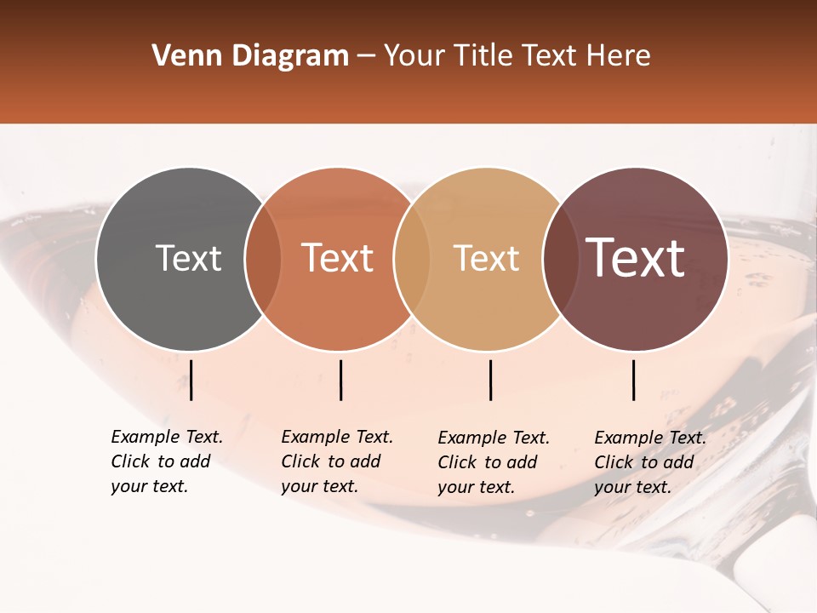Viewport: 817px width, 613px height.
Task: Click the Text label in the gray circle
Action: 188,259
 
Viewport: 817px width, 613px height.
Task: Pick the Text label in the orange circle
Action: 338,259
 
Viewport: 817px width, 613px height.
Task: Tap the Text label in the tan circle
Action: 486,259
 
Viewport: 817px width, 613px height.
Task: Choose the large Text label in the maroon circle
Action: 636,258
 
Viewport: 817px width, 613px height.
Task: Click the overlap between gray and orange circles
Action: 263,259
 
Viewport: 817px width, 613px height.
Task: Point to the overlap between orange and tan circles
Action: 412,259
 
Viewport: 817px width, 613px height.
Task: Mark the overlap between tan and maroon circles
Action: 561,259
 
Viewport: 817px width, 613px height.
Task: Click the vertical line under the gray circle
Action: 191,380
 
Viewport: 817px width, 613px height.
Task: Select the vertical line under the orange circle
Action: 340,380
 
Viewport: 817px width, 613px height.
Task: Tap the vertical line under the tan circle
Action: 491,380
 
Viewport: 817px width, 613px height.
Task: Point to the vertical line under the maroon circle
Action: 634,380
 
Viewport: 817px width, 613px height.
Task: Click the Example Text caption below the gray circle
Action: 167,461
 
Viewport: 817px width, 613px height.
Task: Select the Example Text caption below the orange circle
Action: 337,461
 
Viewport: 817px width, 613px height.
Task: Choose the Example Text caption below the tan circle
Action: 494,462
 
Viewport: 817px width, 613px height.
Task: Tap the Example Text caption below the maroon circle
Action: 650,462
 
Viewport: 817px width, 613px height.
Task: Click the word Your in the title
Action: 415,56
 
